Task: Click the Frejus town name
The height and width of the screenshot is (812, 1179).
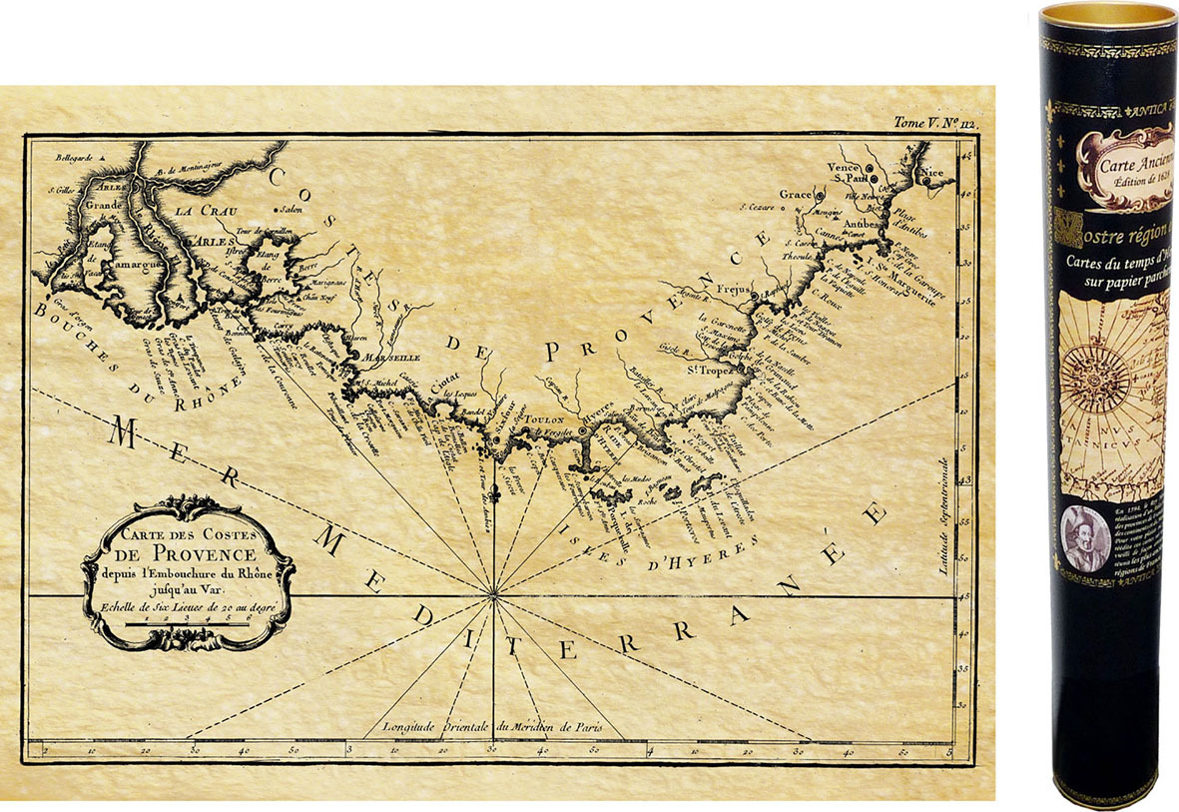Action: pos(733,288)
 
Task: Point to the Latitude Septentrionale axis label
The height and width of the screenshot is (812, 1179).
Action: pos(941,515)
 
